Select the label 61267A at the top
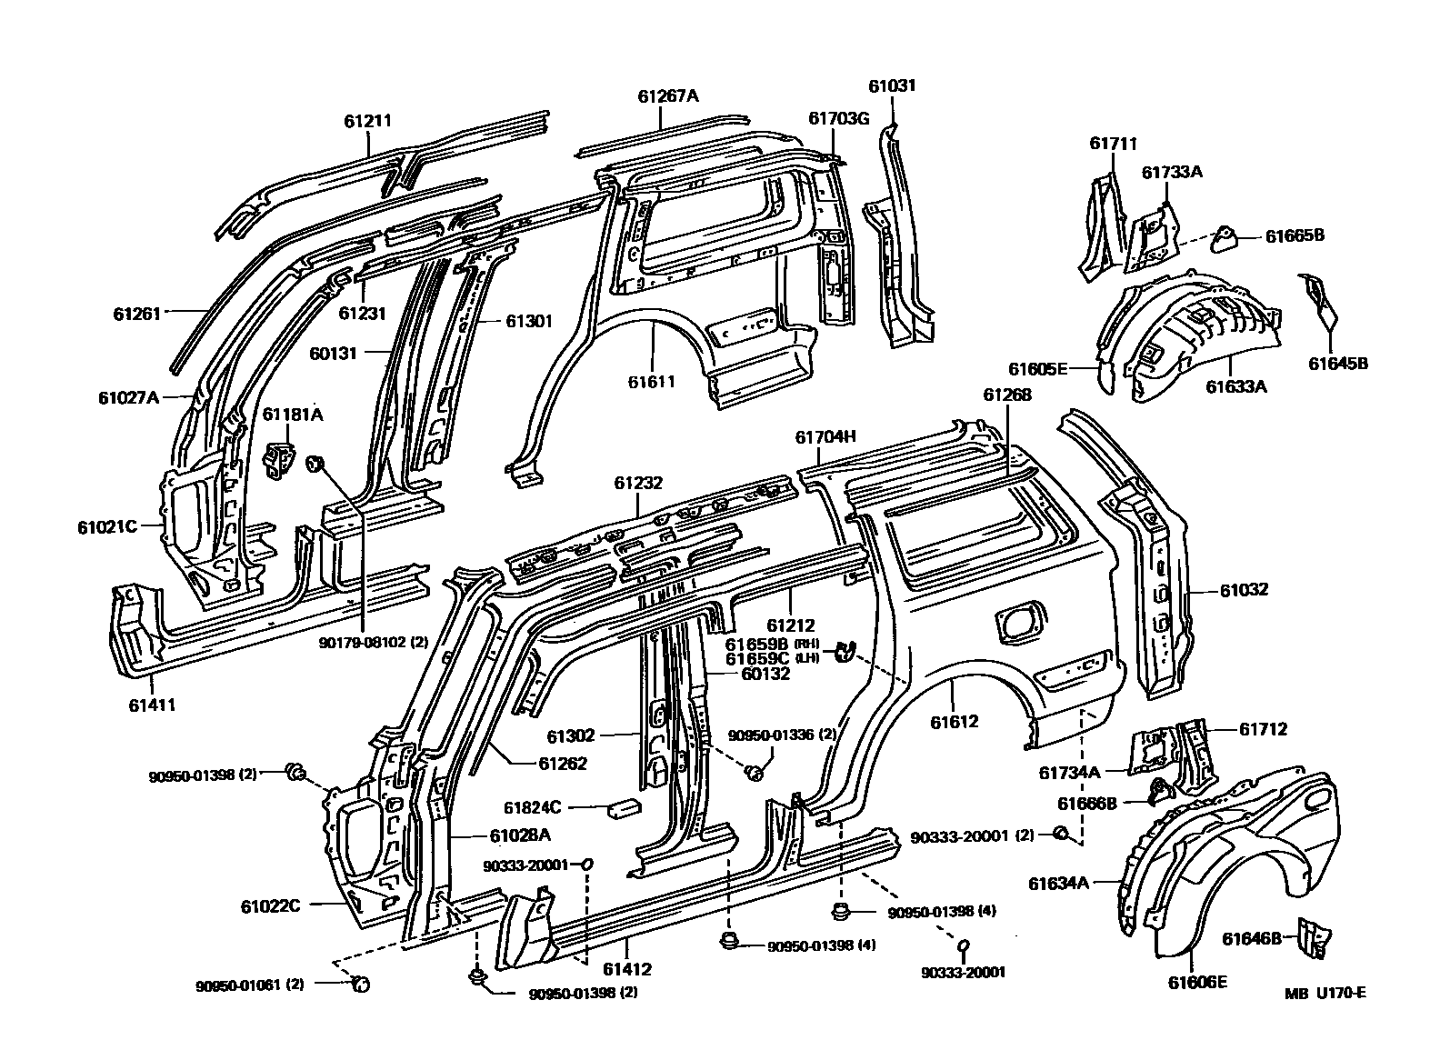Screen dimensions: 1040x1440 pyautogui.click(x=668, y=96)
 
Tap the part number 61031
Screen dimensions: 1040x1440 pyautogui.click(x=892, y=86)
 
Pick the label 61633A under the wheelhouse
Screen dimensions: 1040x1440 pyautogui.click(x=1236, y=386)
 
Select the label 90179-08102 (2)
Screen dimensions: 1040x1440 pyautogui.click(x=373, y=642)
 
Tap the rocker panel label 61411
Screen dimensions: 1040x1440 pyautogui.click(x=152, y=705)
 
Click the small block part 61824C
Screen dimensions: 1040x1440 pyautogui.click(x=627, y=806)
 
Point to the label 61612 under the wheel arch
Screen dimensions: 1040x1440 pyautogui.click(x=955, y=722)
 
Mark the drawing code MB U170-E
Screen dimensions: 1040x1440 pyautogui.click(x=1325, y=993)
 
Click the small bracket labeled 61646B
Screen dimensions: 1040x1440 pyautogui.click(x=1312, y=937)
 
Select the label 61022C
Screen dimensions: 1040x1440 pyautogui.click(x=271, y=906)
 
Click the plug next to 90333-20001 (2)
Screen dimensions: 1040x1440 pyautogui.click(x=1059, y=833)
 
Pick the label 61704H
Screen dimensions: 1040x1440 pyautogui.click(x=825, y=436)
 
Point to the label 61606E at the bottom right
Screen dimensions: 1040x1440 pyautogui.click(x=1198, y=982)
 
